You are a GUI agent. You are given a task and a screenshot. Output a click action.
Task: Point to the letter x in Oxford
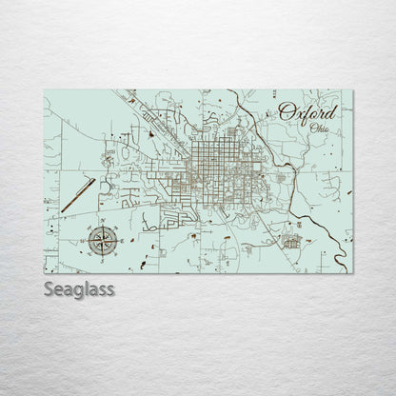pyautogui.click(x=299, y=114)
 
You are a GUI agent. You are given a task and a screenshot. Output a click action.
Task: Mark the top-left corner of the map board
pyautogui.click(x=46, y=89)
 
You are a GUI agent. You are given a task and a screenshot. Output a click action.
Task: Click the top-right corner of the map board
pyautogui.click(x=353, y=89)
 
